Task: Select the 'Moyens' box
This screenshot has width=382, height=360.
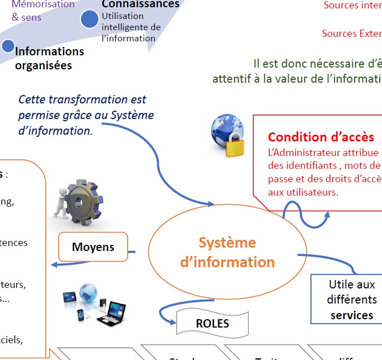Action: (x=93, y=247)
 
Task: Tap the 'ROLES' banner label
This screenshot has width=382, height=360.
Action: (x=212, y=323)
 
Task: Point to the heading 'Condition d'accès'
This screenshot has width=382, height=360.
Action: (x=321, y=137)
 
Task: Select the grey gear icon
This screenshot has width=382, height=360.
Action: (x=83, y=202)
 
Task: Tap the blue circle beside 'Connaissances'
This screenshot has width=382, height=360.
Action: (x=89, y=20)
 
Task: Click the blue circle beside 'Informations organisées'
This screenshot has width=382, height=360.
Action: (x=8, y=46)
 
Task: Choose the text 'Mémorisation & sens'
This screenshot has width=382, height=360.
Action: (x=43, y=11)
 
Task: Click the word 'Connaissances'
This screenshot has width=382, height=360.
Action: (x=140, y=4)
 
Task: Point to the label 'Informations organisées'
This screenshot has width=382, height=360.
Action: (x=49, y=58)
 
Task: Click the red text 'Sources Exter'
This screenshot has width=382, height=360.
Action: (x=351, y=34)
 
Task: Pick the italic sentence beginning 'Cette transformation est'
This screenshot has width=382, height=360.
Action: (x=86, y=115)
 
